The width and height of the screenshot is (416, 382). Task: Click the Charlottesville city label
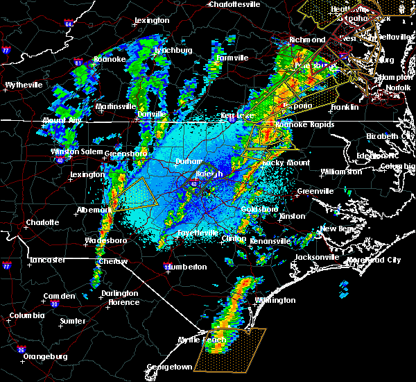tap(236, 4)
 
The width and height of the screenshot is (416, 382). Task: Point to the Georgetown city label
tap(169, 367)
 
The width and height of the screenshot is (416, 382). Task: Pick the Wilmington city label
tap(275, 301)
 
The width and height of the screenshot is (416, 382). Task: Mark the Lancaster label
tap(47, 260)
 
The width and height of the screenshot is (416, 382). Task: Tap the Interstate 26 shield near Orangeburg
tap(21, 349)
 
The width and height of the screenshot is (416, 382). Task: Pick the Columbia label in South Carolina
tap(27, 316)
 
